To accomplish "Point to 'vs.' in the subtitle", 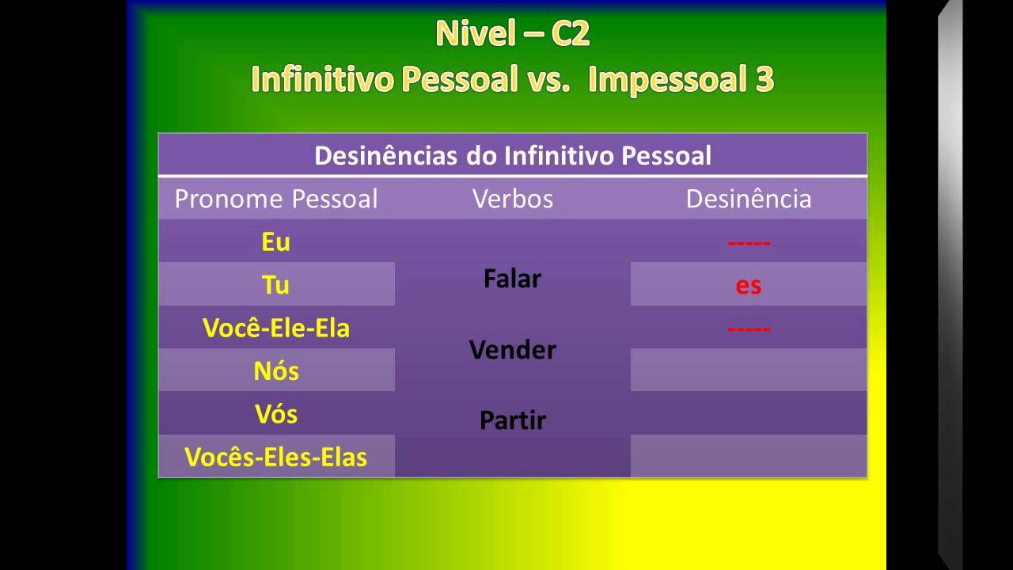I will (547, 80).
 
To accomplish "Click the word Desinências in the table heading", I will (384, 155).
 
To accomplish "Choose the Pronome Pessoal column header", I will (276, 199).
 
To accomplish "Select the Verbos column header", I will (512, 199).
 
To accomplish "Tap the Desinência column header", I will (748, 199).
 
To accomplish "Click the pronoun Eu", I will (275, 242).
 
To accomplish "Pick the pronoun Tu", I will (275, 284).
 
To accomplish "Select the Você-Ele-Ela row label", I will (275, 328).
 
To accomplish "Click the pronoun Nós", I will (276, 370).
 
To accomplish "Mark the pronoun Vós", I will (276, 413).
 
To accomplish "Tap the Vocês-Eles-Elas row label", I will (275, 457).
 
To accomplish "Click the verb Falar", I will (512, 279).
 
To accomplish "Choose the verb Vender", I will (512, 349).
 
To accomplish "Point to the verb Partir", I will (512, 420).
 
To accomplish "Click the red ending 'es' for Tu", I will (748, 285).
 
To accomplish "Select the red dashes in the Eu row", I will (749, 242).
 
